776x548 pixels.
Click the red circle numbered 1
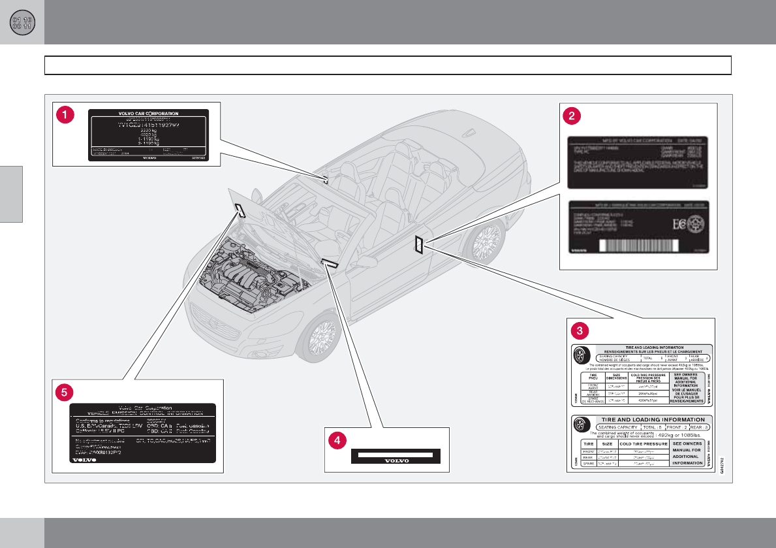click(65, 114)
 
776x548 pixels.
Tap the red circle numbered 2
click(571, 116)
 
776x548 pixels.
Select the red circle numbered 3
click(577, 329)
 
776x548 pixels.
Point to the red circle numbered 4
click(337, 442)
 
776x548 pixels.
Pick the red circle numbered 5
click(64, 392)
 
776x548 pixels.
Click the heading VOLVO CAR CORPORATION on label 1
click(148, 113)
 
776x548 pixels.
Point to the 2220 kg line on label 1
click(149, 131)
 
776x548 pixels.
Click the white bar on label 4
click(396, 453)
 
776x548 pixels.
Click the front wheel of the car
click(322, 336)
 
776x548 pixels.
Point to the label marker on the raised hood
click(240, 209)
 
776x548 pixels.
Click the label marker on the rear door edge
click(418, 245)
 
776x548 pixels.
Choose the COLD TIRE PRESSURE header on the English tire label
click(644, 443)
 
